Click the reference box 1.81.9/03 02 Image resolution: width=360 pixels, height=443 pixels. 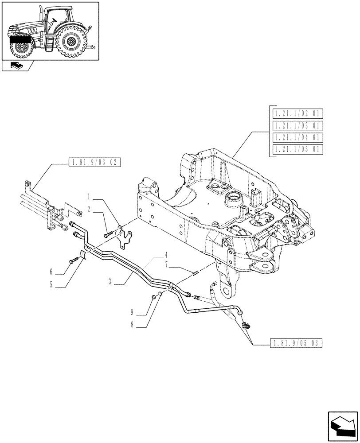click(x=95, y=162)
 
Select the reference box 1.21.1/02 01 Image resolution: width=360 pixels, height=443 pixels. click(x=297, y=113)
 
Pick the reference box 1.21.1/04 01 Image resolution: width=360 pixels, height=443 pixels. click(x=297, y=137)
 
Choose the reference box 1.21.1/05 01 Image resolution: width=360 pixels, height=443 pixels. click(x=297, y=149)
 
